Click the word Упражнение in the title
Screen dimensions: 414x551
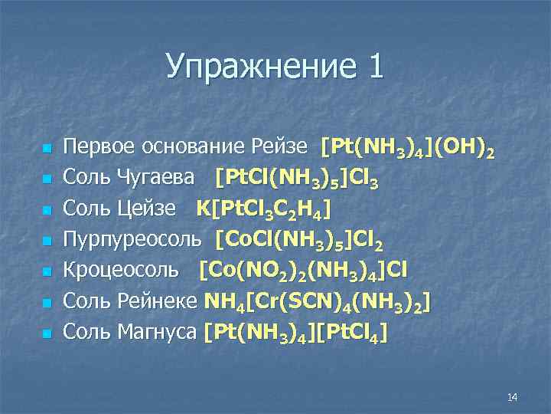(x=259, y=67)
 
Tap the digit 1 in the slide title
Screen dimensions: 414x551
(x=374, y=67)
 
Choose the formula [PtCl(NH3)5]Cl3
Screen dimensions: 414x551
(x=298, y=179)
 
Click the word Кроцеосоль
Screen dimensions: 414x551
(x=123, y=270)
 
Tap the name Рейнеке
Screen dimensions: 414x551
(x=161, y=301)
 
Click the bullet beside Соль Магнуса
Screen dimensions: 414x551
(x=47, y=333)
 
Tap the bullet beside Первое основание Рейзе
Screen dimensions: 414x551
(x=47, y=147)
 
